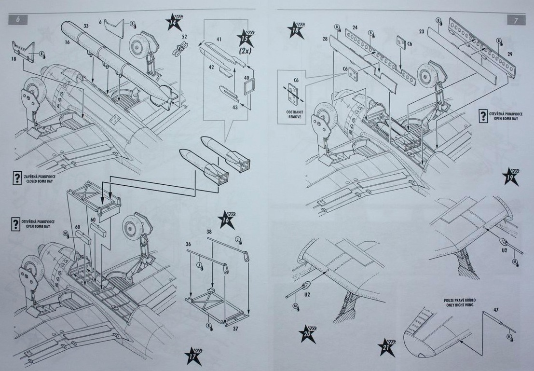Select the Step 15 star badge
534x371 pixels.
tap(246, 39)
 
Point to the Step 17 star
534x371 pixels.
tap(193, 356)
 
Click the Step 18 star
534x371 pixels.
tap(296, 30)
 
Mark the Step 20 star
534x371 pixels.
tap(306, 333)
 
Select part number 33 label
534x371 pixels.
tap(86, 26)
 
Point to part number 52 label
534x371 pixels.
tap(184, 36)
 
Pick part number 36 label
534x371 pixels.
tap(188, 244)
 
